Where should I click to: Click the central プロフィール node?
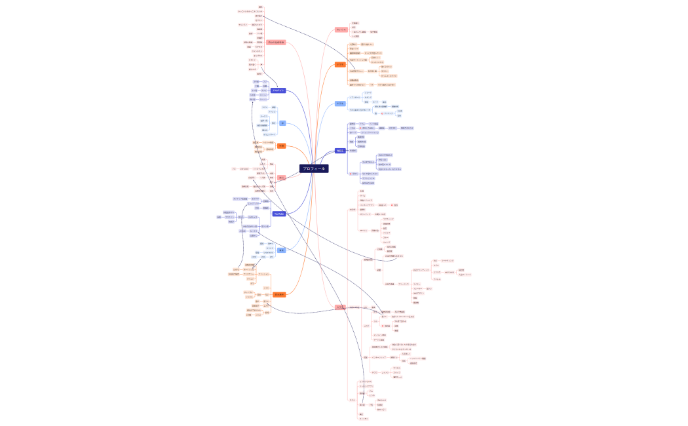tap(313, 168)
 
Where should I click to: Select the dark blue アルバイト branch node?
tap(278, 90)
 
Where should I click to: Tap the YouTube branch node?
tap(278, 214)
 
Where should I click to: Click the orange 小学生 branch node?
tap(340, 64)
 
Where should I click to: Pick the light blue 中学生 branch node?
tap(340, 104)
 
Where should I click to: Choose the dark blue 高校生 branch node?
tap(340, 151)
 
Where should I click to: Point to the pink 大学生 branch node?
tap(340, 307)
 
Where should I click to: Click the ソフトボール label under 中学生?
tap(354, 98)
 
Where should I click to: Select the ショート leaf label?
tap(368, 93)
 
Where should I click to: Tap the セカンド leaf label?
tap(368, 98)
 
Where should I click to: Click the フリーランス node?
tap(404, 284)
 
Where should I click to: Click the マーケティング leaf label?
tap(448, 260)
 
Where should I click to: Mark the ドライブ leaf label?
tap(387, 233)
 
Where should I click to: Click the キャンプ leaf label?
tap(387, 242)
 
